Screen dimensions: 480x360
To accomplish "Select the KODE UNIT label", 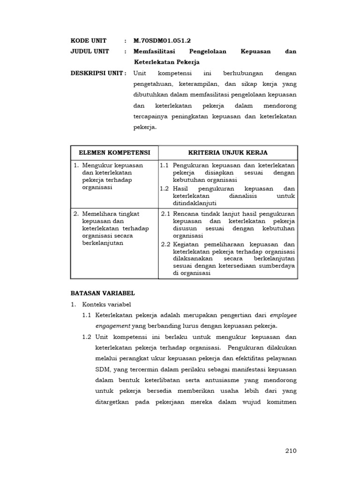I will point(89,40).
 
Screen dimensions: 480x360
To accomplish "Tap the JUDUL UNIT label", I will point(90,51).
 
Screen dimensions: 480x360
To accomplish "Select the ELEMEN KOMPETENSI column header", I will point(114,153).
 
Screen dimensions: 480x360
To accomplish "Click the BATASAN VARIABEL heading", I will point(102,293).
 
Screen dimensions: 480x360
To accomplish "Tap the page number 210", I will point(291,451).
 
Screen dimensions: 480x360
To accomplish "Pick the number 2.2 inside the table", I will point(166,244).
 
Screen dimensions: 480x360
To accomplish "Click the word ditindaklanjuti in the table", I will point(194,203).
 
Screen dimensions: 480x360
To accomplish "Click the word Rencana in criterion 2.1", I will point(187,214).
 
